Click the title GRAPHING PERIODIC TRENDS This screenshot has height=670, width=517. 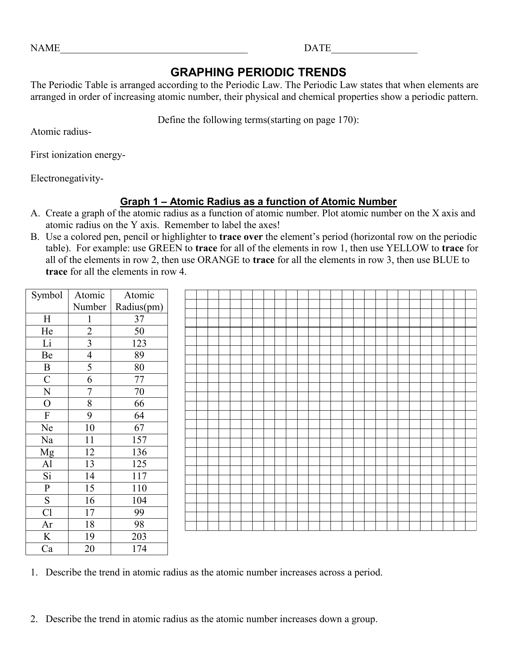coord(258,73)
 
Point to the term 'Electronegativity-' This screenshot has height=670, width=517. coord(67,179)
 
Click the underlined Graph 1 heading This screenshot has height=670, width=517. coord(258,202)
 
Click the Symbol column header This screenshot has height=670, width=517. coord(47,295)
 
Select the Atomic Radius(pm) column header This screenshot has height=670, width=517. coord(139,301)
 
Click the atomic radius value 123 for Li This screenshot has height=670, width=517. coord(139,343)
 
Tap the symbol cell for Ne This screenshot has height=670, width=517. coord(47,428)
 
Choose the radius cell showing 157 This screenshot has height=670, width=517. coord(139,440)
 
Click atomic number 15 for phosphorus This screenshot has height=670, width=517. coord(89,488)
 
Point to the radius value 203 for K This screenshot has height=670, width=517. coord(139,536)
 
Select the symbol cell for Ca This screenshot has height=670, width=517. coord(47,549)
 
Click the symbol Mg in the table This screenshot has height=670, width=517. coord(47,452)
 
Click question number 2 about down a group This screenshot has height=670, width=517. coord(34,619)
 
